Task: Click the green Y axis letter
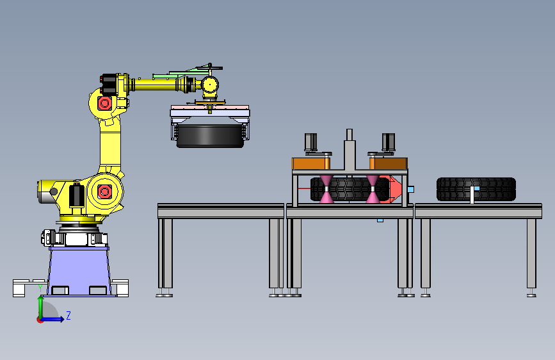click(40, 288)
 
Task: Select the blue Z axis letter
click(68, 315)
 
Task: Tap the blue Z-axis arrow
click(52, 319)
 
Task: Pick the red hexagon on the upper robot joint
click(104, 104)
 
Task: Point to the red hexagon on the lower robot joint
click(104, 192)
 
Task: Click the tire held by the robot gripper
click(210, 136)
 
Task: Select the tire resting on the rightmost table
click(476, 189)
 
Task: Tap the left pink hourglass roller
click(326, 189)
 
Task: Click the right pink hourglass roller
click(373, 189)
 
